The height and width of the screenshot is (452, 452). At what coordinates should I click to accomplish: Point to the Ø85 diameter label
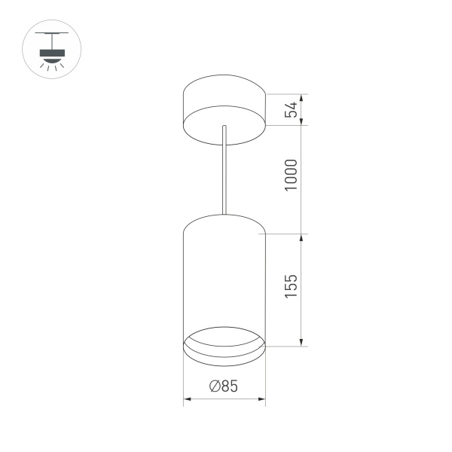coord(224,387)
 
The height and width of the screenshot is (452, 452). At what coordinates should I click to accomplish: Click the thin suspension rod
coord(224,173)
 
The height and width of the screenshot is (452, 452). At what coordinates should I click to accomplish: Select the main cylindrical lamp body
coord(224,279)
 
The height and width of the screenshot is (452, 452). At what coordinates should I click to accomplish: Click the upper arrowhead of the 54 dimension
coord(303,98)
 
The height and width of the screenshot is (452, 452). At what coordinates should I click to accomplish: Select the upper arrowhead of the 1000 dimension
coord(303,128)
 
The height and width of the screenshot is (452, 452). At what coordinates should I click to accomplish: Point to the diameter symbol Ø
coord(214,387)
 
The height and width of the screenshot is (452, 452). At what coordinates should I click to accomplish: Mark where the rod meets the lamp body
coord(224,214)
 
